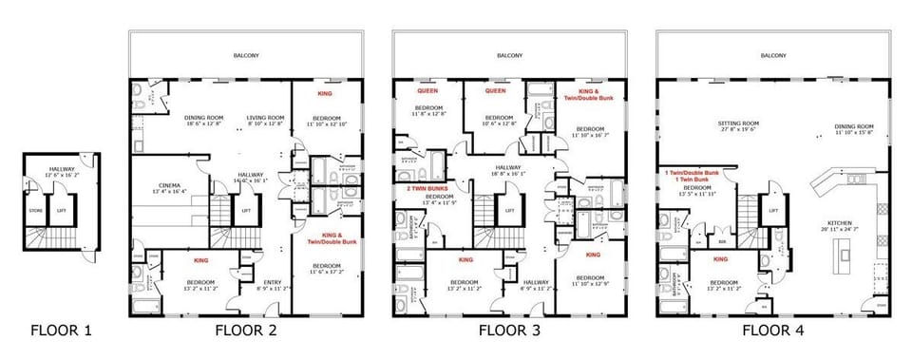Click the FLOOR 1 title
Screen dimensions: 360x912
pos(62,331)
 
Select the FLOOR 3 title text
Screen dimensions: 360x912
pos(509,331)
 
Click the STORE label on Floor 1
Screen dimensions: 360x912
pos(35,210)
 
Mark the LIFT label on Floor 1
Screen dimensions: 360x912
pos(62,210)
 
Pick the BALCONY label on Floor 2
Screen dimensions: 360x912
pos(245,55)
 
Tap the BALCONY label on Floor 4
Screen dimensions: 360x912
pos(773,55)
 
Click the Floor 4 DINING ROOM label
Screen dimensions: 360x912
pos(853,126)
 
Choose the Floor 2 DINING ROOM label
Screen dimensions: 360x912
pos(202,117)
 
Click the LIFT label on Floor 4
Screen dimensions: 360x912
pos(773,210)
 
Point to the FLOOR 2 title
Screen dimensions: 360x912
pos(245,331)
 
